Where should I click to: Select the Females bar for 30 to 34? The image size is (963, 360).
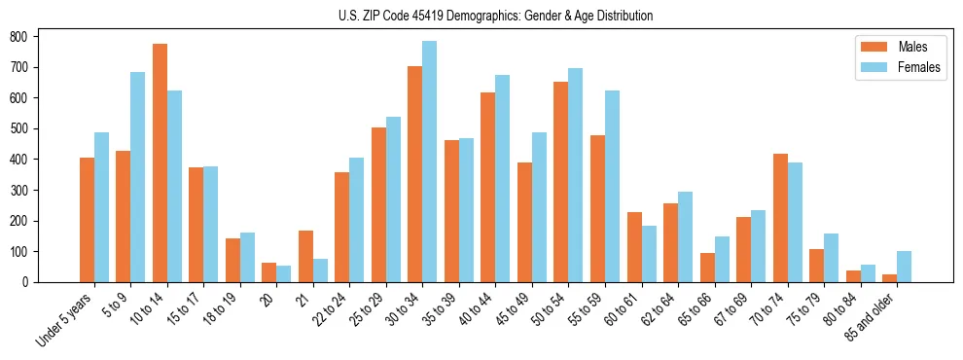click(x=430, y=162)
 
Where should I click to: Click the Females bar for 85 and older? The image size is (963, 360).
click(x=904, y=267)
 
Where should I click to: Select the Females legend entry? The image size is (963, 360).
click(x=891, y=69)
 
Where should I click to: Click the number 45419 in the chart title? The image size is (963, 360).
click(x=434, y=16)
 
